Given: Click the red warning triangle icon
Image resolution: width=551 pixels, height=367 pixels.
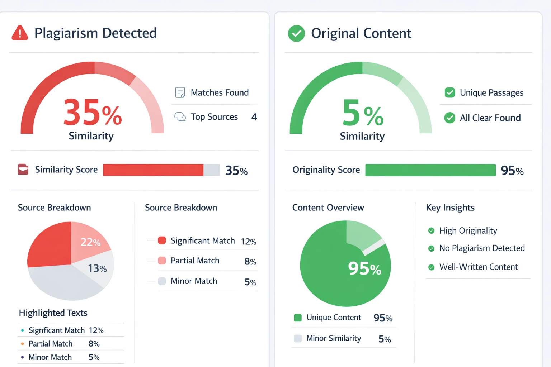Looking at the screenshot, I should [20, 33].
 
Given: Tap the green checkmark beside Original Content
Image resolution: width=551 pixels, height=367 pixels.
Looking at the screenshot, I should [296, 33].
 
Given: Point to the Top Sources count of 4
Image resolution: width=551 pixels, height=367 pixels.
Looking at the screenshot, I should [254, 117].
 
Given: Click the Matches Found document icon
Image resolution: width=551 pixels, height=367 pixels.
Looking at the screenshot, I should [180, 92].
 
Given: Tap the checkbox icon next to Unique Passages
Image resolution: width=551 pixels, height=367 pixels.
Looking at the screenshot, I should [449, 92].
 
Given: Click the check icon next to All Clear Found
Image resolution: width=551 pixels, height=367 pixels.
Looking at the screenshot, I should [449, 118].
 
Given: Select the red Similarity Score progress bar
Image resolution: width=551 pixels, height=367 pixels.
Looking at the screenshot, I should [153, 170].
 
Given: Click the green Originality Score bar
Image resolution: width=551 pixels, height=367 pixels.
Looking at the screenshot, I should [430, 170].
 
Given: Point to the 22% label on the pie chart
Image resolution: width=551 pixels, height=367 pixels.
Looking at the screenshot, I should [90, 243].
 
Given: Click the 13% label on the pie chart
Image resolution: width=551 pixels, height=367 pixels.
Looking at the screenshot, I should [97, 268].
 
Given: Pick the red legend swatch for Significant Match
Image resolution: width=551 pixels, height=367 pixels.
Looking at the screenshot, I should [162, 240].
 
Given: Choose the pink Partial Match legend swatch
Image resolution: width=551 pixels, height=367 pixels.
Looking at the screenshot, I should [162, 261].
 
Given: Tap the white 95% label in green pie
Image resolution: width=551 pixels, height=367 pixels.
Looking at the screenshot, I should [364, 268].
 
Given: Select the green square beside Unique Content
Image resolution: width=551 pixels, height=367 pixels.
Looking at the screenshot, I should [298, 318].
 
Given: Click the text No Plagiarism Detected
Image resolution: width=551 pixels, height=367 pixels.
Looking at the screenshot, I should [482, 248].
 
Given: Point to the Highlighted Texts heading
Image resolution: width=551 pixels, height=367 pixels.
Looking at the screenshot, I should [53, 313].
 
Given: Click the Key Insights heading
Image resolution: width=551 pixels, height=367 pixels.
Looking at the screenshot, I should [450, 208].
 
